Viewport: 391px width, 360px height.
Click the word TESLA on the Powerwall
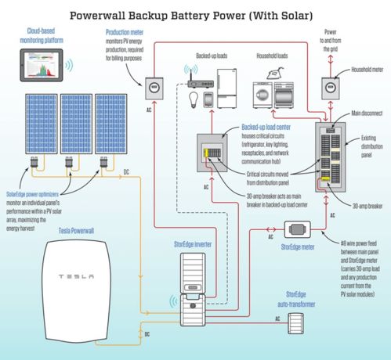73,276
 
